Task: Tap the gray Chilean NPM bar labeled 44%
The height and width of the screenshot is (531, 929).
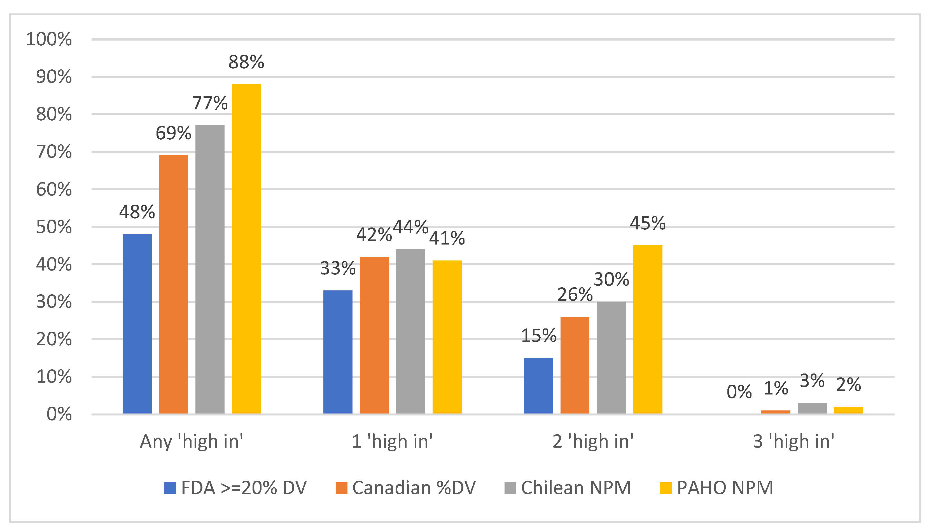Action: click(x=410, y=331)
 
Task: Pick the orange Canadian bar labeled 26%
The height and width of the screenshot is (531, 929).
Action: click(x=575, y=365)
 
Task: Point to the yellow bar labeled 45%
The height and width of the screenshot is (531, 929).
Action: click(x=648, y=329)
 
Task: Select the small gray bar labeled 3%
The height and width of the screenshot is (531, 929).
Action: click(x=812, y=408)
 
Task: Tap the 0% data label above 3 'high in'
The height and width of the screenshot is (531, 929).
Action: click(x=739, y=392)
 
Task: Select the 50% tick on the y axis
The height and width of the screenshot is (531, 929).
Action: click(x=54, y=227)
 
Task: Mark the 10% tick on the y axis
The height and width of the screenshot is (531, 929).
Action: click(x=54, y=377)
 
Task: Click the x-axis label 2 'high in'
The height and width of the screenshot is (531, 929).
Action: click(x=593, y=441)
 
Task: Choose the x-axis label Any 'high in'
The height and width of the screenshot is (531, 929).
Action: click(x=192, y=441)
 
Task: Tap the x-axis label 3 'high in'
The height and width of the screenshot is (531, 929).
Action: click(x=794, y=441)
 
